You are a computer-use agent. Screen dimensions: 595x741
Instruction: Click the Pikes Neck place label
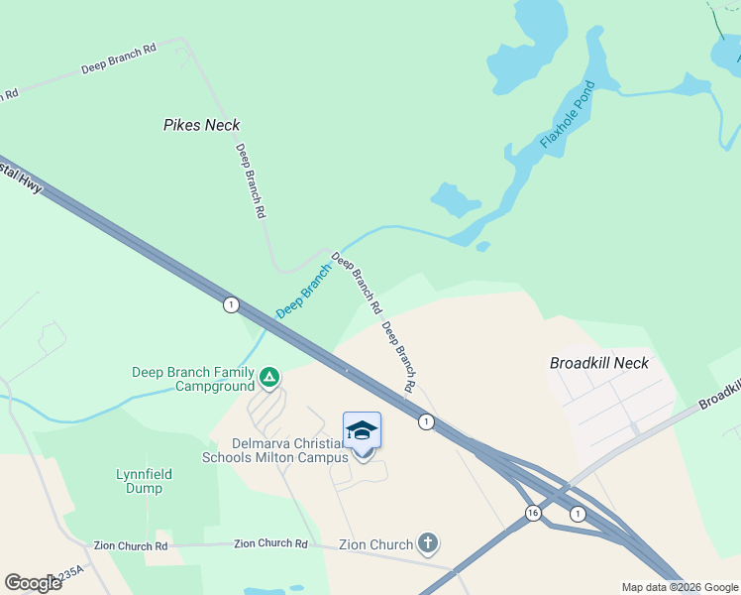201,125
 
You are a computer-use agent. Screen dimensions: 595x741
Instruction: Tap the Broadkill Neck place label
599,363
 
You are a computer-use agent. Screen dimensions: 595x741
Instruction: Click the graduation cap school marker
362,430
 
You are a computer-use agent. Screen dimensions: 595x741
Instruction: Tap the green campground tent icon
268,378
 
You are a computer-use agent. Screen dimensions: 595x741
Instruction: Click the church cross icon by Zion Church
428,543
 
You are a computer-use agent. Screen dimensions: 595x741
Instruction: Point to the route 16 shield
533,513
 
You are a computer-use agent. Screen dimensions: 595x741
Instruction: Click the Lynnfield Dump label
144,481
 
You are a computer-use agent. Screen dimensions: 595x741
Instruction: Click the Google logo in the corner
33,582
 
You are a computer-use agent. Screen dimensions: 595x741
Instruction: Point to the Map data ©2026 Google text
679,587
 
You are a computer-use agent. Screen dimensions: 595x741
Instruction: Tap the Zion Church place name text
375,544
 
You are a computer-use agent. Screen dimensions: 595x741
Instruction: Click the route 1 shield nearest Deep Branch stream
231,304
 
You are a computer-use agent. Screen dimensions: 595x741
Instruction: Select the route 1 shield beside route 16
578,513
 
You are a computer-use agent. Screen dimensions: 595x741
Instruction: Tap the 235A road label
70,574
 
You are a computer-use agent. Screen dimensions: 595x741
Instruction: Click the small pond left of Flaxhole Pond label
456,199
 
